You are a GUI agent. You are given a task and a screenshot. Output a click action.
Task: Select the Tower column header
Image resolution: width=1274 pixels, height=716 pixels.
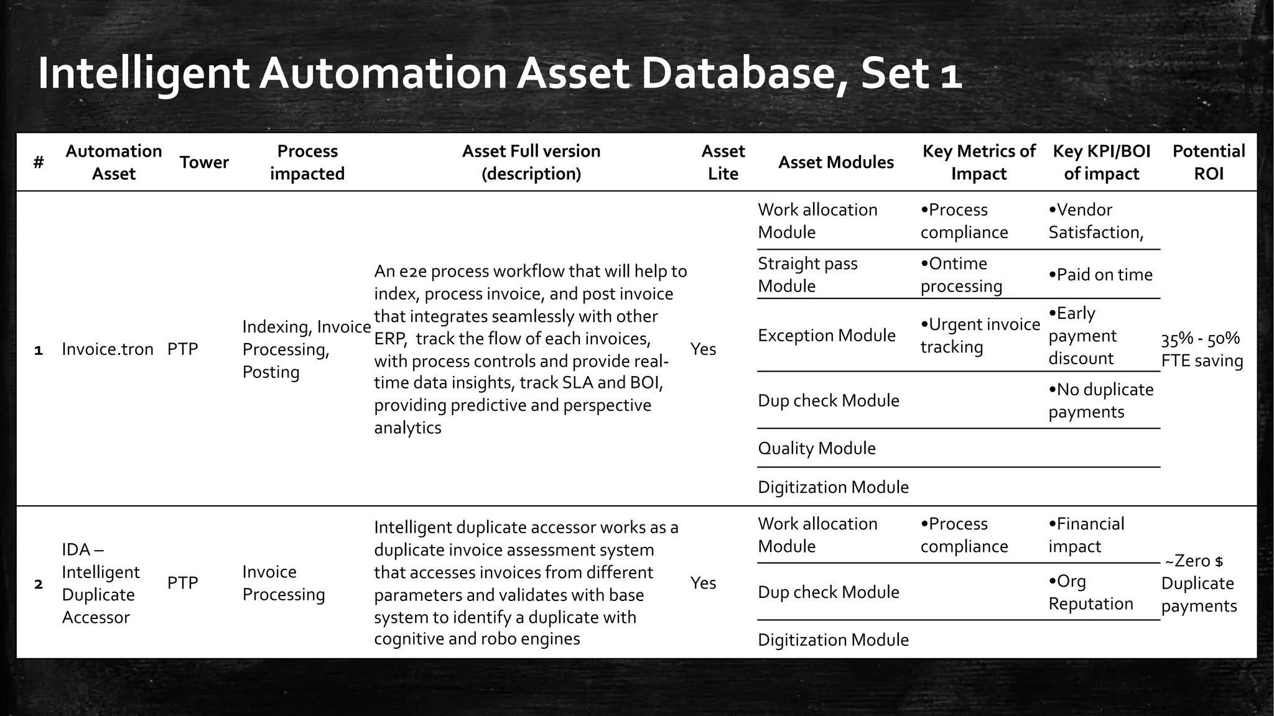204,162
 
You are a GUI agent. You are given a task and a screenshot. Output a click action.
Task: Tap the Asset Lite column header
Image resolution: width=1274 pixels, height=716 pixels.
723,162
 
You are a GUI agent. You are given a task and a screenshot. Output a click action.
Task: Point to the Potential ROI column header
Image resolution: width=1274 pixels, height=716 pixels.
1208,162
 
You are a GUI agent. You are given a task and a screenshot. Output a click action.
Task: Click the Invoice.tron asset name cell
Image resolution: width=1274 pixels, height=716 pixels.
108,349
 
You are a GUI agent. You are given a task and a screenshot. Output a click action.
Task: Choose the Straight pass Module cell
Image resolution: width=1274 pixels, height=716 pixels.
807,275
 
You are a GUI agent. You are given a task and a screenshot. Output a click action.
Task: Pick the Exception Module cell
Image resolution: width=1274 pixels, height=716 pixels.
826,336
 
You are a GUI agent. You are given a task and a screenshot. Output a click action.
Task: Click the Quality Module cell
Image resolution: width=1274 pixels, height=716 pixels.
816,448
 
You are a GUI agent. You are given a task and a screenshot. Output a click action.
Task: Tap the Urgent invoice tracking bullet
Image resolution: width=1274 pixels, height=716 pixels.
980,336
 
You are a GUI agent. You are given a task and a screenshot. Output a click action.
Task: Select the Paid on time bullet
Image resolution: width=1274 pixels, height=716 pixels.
1100,275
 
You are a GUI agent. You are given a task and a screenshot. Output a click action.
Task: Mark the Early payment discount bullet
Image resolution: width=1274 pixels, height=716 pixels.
1082,336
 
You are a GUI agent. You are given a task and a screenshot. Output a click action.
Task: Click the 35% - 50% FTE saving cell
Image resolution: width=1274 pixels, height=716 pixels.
1201,349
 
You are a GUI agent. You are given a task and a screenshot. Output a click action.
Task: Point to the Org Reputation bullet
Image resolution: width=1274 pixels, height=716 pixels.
1090,592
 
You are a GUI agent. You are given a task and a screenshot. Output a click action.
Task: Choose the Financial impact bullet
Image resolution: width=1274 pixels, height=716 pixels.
1086,535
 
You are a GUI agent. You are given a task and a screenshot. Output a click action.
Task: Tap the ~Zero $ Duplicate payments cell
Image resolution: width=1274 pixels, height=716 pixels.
1198,583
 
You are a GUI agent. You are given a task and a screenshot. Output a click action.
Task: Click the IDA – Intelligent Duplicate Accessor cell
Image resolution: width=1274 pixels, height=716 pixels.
100,583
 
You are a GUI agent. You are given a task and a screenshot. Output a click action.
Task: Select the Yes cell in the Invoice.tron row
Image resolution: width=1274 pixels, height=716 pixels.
703,349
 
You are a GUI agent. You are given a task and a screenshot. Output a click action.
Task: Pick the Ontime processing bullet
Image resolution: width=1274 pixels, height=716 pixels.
961,275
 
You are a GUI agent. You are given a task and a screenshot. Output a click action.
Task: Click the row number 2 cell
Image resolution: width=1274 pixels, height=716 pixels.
39,584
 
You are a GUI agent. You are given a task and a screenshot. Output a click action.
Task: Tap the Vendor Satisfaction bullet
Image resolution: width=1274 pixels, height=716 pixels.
1095,221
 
